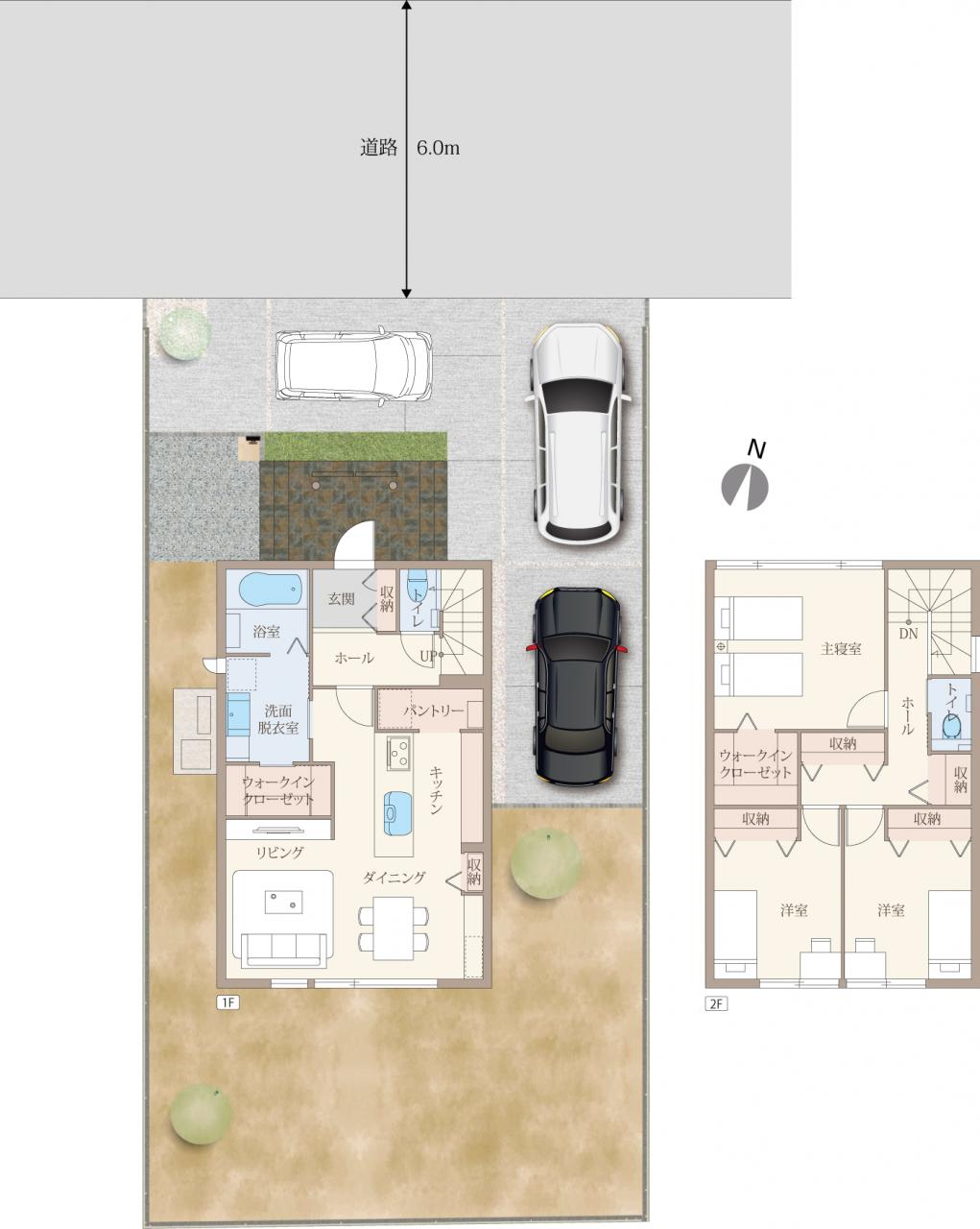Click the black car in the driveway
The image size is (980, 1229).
576,686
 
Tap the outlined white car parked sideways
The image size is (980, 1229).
353,366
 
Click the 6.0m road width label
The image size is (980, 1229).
438,148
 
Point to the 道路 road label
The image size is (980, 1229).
378,148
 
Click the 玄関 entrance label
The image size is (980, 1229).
341,598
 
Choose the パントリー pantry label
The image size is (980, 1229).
434,711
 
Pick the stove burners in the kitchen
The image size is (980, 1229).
398,754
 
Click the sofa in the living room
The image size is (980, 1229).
283,950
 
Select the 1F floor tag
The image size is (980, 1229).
227,1002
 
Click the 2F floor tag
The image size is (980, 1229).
716,1003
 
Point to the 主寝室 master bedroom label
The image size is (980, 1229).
841,649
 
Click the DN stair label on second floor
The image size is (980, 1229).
908,634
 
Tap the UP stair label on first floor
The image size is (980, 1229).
428,656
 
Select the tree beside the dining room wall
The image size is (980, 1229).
545,863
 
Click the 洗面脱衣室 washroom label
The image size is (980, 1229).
278,719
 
